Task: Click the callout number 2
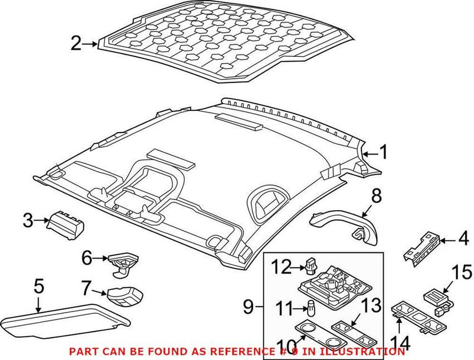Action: tap(75, 44)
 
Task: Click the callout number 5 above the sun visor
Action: tap(39, 289)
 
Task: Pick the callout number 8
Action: tap(376, 195)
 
